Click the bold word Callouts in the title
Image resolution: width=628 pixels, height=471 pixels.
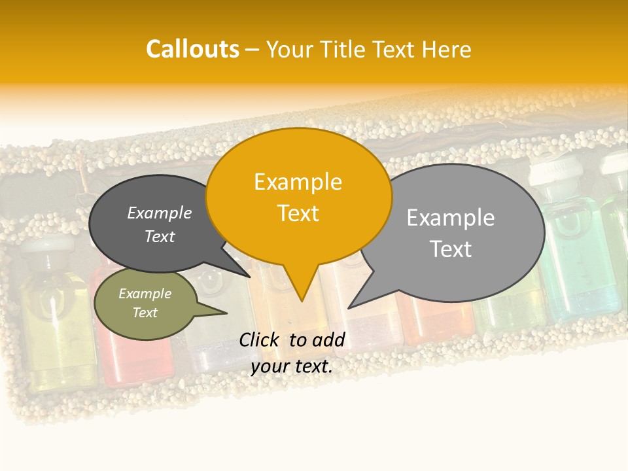coord(192,49)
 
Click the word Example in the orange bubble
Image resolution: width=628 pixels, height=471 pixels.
coord(298,181)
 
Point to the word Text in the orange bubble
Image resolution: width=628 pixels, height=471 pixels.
coord(298,213)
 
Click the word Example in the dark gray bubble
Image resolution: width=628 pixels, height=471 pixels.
coord(160,213)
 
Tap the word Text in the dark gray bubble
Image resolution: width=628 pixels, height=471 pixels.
coord(160,236)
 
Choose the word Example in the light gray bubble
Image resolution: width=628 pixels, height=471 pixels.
coord(450,217)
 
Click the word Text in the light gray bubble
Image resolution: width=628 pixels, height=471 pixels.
coord(450,249)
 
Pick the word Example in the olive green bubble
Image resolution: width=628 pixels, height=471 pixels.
coord(145,294)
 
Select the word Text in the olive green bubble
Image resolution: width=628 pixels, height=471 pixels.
coord(145,313)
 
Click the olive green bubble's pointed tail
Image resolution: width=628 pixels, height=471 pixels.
coord(213,310)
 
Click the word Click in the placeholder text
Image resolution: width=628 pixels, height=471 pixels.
coord(260,340)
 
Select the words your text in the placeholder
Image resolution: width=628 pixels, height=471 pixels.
coord(291,366)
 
